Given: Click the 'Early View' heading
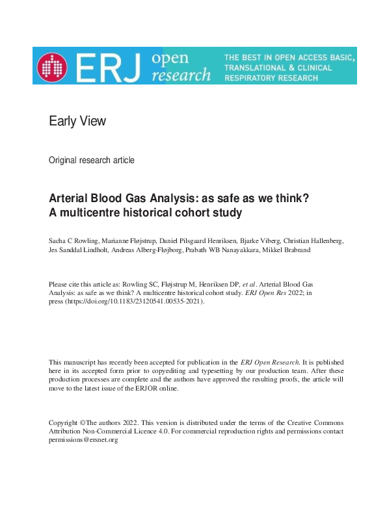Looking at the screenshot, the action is [77, 121].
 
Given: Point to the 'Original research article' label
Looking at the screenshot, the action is [92, 160].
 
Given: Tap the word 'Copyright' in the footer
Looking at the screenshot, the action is [64, 422].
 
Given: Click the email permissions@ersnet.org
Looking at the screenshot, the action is [83, 440].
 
